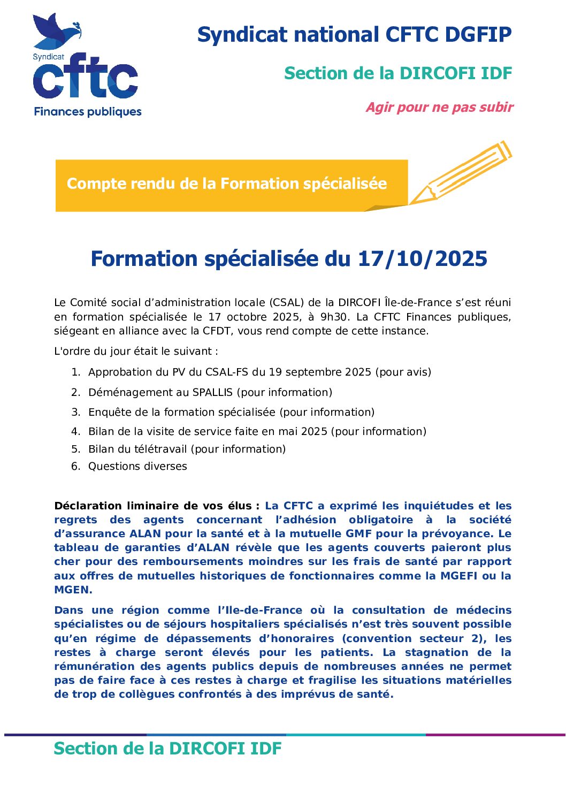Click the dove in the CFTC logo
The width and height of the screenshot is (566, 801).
[x=53, y=31]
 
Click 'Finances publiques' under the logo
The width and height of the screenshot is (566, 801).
[x=88, y=112]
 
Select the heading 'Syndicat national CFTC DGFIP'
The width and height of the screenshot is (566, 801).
[x=354, y=35]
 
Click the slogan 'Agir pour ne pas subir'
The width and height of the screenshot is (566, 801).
[x=439, y=108]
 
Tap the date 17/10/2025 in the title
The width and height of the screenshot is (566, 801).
[x=422, y=258]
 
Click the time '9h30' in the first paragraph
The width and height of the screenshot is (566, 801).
[x=333, y=317]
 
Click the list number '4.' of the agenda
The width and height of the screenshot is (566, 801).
[x=76, y=431]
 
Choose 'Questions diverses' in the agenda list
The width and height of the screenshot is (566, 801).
[x=137, y=466]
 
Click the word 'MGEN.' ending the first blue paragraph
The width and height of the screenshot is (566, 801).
[x=73, y=590]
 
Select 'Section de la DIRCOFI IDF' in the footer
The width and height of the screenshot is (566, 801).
[x=167, y=748]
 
